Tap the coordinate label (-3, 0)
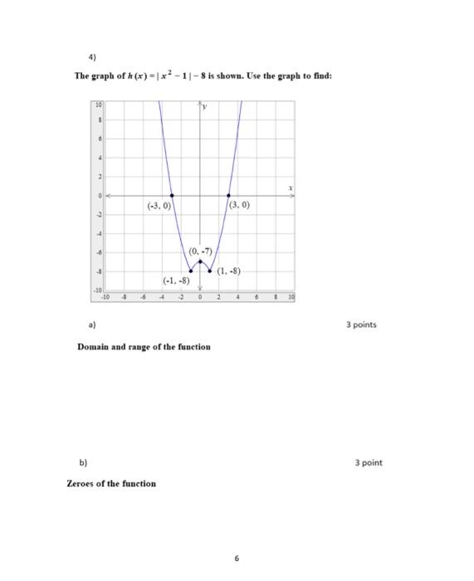click(158, 205)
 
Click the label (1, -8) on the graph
click(229, 271)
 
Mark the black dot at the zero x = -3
click(172, 195)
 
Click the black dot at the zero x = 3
click(228, 195)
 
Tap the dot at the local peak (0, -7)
click(200, 261)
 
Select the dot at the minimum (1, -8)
click(209, 271)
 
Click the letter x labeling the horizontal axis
click(291, 189)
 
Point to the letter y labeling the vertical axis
click(208, 107)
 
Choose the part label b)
click(81, 462)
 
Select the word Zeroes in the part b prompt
click(82, 483)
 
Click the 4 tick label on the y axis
click(98, 158)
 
